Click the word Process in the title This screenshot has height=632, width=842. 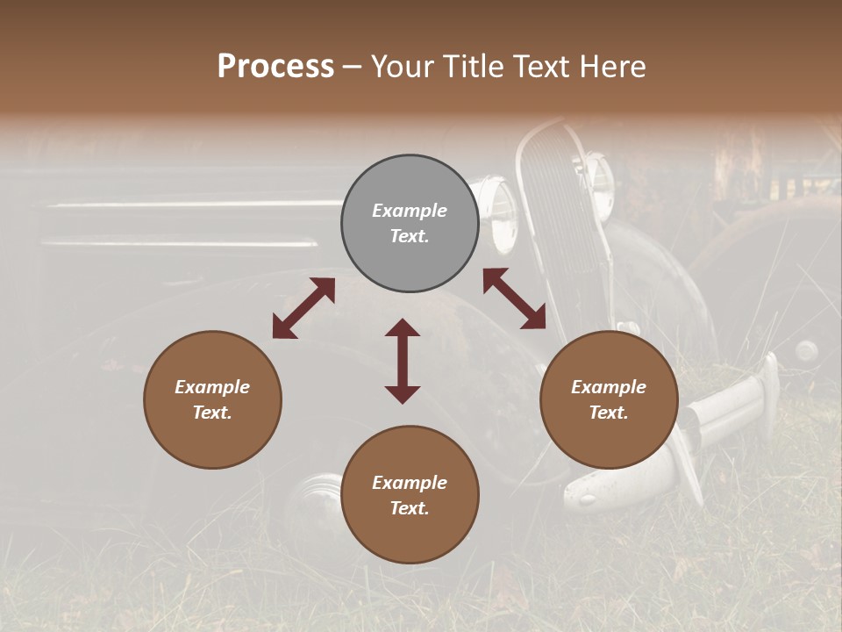click(x=275, y=67)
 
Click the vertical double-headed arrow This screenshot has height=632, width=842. click(x=403, y=361)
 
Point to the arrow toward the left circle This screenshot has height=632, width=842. click(x=303, y=308)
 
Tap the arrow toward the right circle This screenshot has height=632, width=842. click(x=514, y=298)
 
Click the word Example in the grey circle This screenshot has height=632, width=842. click(x=410, y=211)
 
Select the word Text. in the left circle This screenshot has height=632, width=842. click(x=212, y=413)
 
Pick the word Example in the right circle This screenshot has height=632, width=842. click(x=609, y=387)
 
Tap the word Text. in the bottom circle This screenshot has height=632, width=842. click(x=410, y=508)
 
